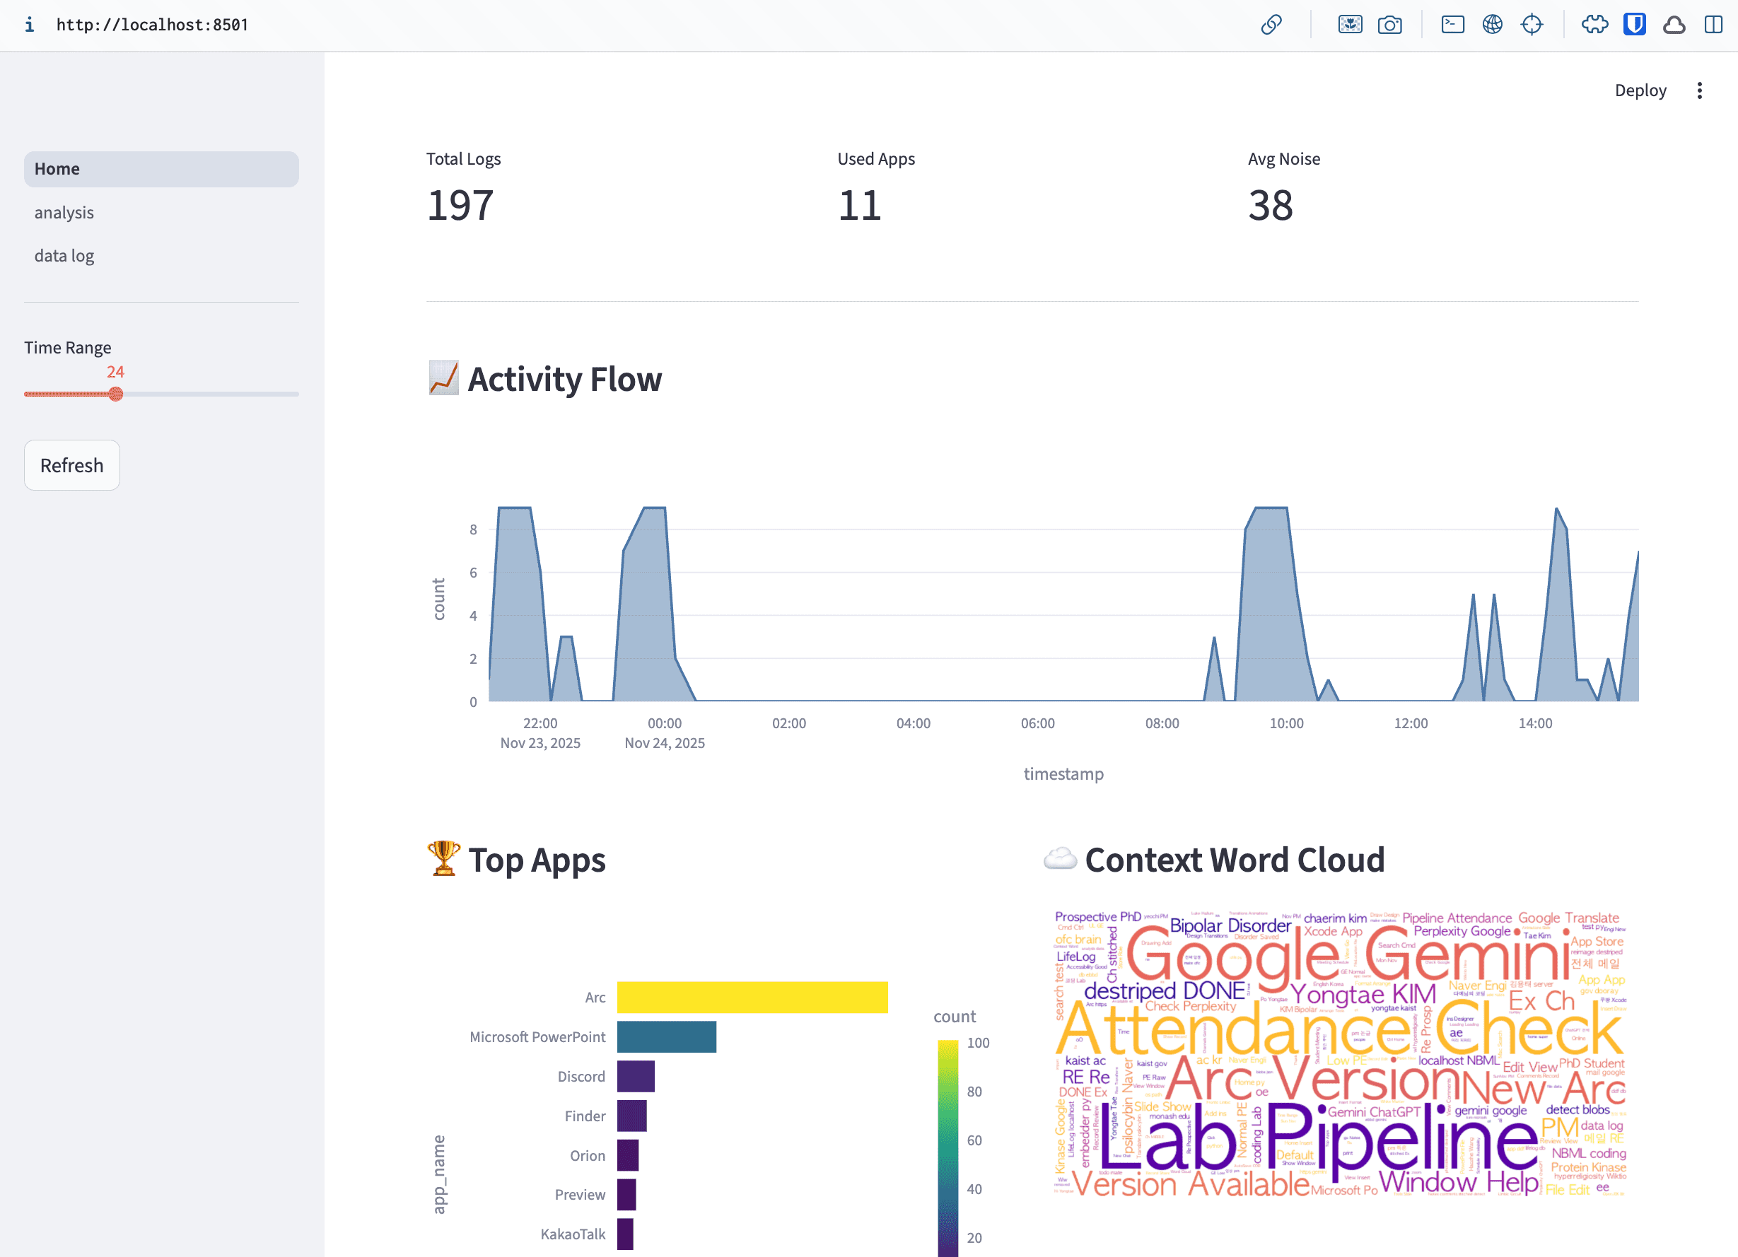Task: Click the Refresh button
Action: pyautogui.click(x=71, y=465)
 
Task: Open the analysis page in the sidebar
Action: pyautogui.click(x=64, y=212)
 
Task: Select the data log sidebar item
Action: pyautogui.click(x=64, y=256)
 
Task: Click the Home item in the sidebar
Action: pyautogui.click(x=57, y=168)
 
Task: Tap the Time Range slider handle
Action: pyautogui.click(x=116, y=394)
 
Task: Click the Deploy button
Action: pyautogui.click(x=1640, y=90)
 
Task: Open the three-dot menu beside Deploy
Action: pyautogui.click(x=1699, y=90)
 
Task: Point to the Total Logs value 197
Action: pyautogui.click(x=460, y=205)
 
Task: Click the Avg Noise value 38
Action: pyautogui.click(x=1270, y=205)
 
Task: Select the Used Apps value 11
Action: pyautogui.click(x=859, y=205)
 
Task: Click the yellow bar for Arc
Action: pyautogui.click(x=752, y=997)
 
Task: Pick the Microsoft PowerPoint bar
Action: pyautogui.click(x=666, y=1036)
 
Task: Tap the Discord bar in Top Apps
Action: pyautogui.click(x=635, y=1076)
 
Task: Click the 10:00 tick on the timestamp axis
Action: pyautogui.click(x=1286, y=723)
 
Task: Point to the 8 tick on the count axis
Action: pyautogui.click(x=473, y=530)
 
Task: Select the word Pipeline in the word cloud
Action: pyautogui.click(x=1401, y=1142)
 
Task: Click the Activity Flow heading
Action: pyautogui.click(x=564, y=379)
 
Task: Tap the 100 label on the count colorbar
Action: pyautogui.click(x=978, y=1043)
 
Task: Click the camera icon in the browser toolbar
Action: pyautogui.click(x=1389, y=25)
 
